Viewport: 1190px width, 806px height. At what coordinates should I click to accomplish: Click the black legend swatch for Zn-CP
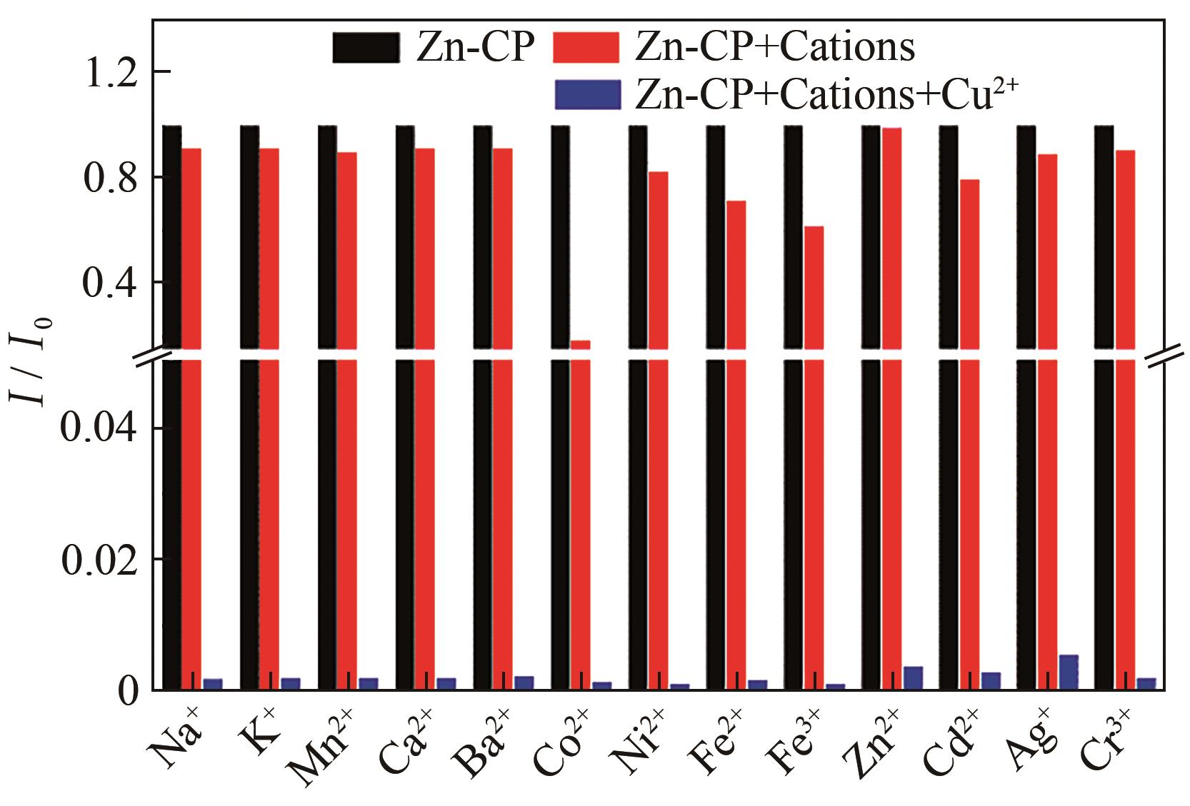point(365,48)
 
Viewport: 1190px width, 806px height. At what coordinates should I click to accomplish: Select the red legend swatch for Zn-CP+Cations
point(586,48)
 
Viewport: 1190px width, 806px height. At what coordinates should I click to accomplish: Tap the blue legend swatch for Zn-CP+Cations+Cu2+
point(586,94)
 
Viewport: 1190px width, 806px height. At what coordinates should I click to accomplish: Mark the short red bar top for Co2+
point(580,343)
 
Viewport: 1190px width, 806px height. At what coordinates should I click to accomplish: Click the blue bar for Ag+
point(1069,672)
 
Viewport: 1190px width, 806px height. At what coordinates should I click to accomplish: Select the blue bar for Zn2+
point(913,677)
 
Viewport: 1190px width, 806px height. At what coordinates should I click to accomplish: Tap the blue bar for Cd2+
point(991,680)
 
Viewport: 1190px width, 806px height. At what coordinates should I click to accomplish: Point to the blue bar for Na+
point(213,684)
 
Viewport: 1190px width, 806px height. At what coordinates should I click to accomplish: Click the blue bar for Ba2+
point(524,682)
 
